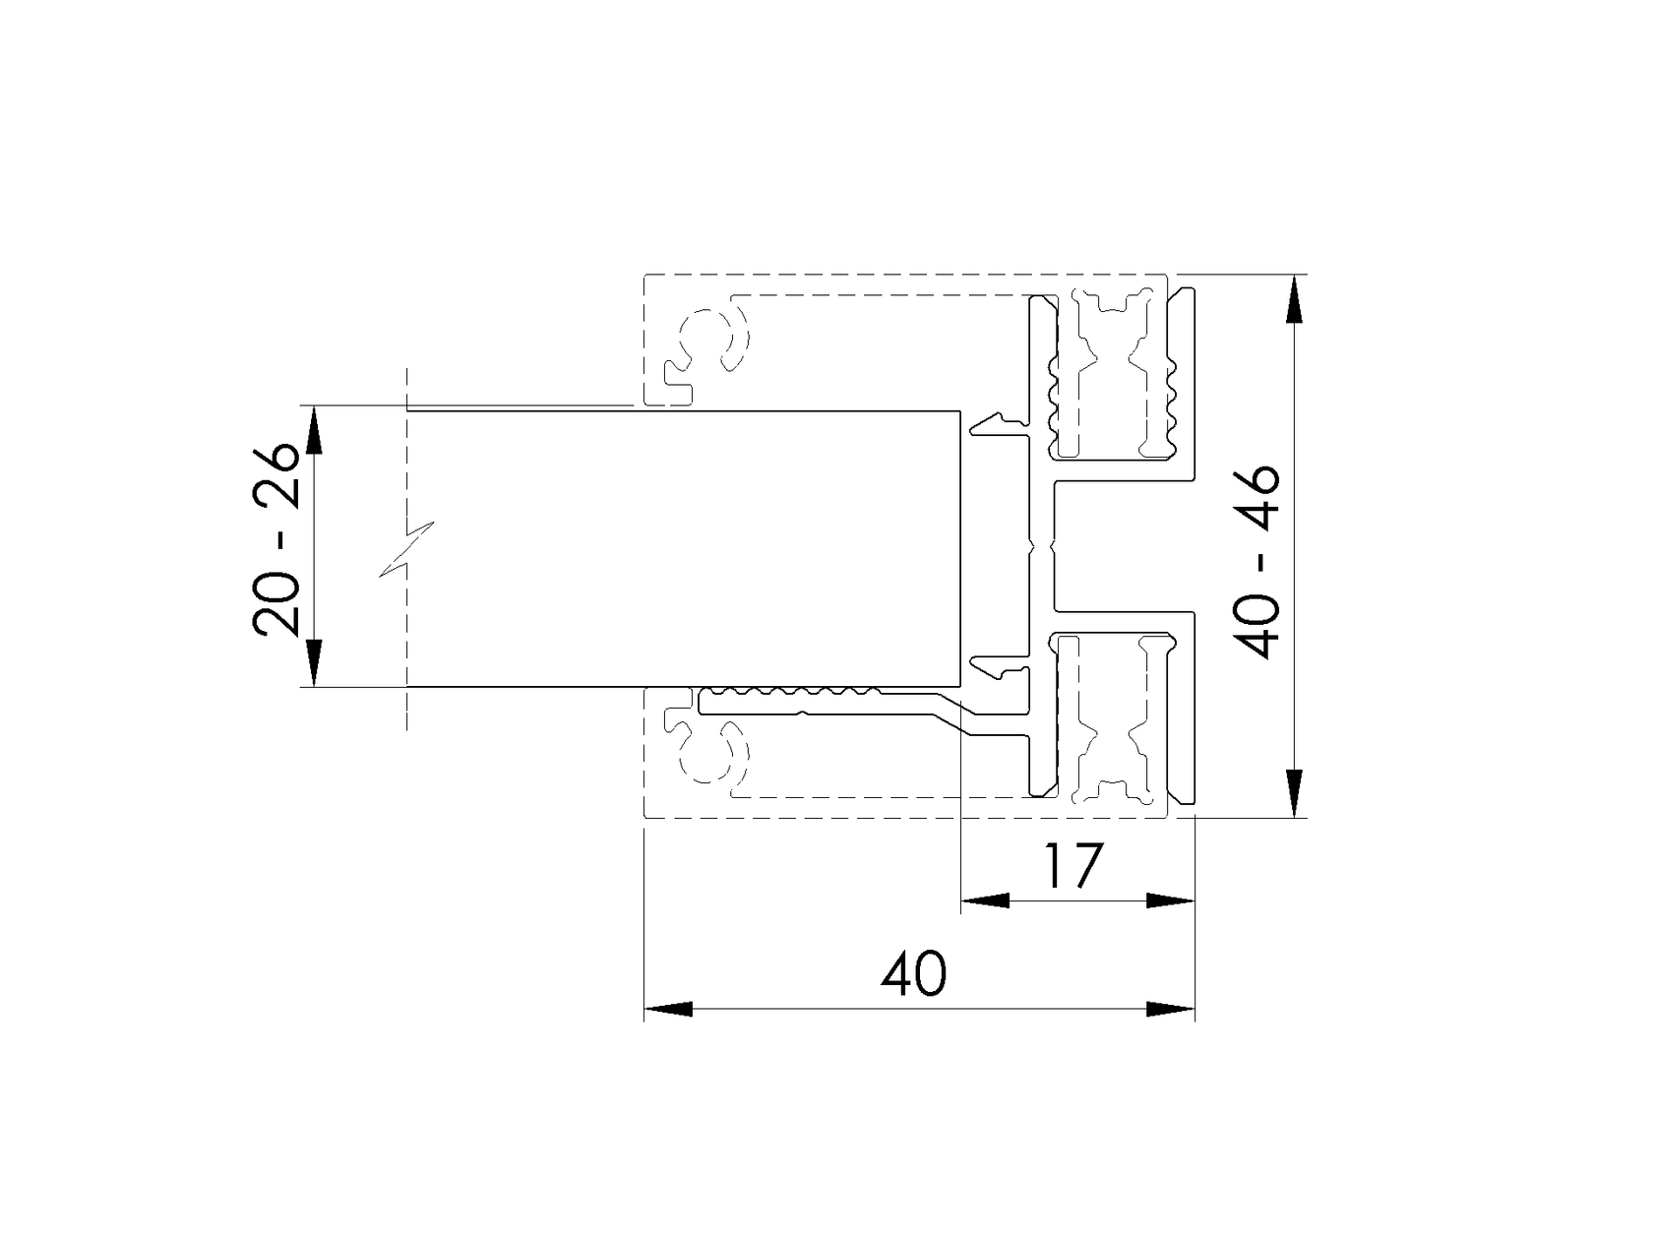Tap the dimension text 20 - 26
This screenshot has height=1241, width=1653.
275,539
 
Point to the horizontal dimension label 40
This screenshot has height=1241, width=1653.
913,973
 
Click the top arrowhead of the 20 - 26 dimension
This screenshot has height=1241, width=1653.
314,430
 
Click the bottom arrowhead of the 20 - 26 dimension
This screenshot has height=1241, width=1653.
314,662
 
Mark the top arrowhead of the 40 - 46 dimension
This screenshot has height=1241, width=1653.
1294,299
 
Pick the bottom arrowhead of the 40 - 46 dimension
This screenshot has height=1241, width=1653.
1294,793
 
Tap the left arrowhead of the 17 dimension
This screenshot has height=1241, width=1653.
985,900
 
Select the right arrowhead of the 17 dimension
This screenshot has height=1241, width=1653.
1170,900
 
